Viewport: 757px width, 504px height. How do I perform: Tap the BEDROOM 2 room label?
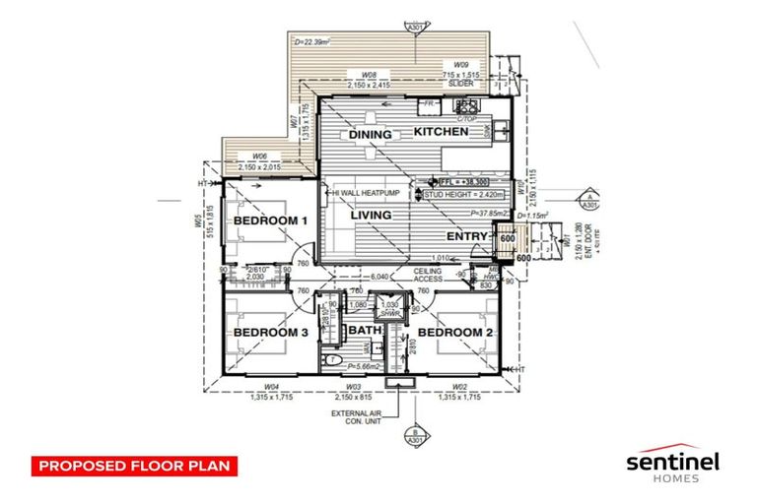pyautogui.click(x=454, y=333)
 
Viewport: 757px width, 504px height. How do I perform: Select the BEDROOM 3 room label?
pyautogui.click(x=270, y=334)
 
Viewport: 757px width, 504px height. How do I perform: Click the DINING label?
pyautogui.click(x=370, y=135)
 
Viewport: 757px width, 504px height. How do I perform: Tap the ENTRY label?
pyautogui.click(x=468, y=237)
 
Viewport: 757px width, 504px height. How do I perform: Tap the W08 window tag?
pyautogui.click(x=371, y=74)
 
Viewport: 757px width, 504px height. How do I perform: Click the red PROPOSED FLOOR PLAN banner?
pyautogui.click(x=133, y=464)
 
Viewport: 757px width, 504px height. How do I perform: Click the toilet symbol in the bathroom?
pyautogui.click(x=333, y=361)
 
